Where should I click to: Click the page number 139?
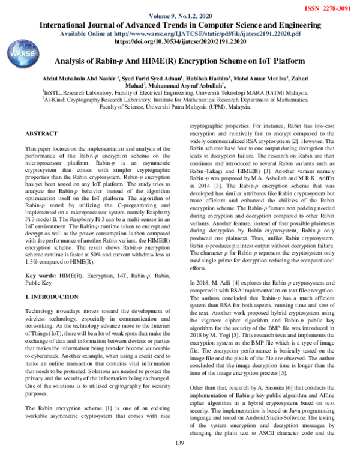(x=179, y=459)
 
